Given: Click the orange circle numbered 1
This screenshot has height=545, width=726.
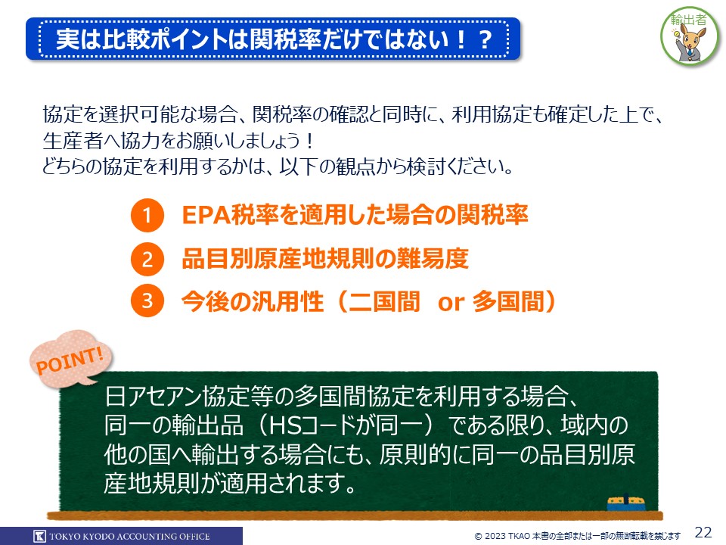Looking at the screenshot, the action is [x=147, y=215].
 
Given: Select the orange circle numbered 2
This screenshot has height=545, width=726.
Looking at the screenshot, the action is [x=147, y=259].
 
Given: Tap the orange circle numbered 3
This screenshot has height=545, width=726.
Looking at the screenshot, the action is [x=147, y=301].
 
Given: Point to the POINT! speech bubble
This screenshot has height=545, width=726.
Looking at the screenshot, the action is [x=70, y=359].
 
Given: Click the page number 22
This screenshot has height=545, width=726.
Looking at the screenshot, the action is [x=703, y=532].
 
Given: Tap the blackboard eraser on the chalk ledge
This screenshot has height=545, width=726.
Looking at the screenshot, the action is [x=626, y=503].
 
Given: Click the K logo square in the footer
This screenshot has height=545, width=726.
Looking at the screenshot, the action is [x=40, y=536].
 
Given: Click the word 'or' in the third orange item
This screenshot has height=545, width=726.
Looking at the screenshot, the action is [x=451, y=302].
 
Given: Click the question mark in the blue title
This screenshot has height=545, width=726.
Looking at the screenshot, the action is [x=486, y=40].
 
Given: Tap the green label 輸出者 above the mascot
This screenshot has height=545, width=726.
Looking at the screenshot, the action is [x=688, y=20].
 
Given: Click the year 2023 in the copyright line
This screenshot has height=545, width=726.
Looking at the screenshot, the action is [x=495, y=536].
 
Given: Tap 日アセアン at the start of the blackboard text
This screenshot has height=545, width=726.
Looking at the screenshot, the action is [x=154, y=396].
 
